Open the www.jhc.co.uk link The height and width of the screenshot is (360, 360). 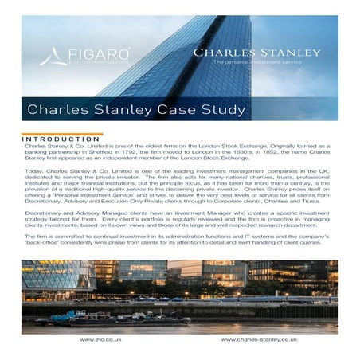[x=99, y=338]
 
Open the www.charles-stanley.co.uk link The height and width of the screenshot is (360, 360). [x=259, y=338]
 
